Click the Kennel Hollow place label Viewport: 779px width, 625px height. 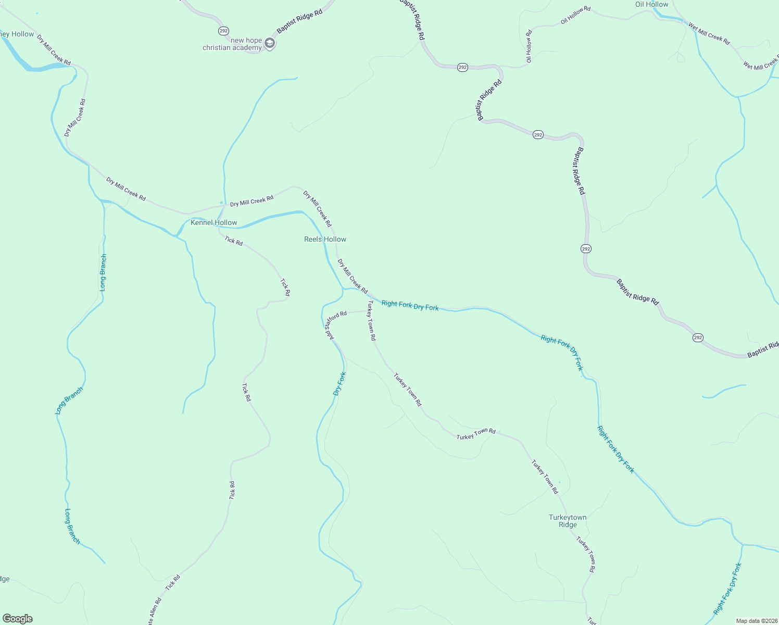[213, 222]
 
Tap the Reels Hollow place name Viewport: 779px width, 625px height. [325, 239]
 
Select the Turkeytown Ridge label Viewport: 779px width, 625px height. [568, 521]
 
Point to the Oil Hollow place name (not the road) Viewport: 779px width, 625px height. [651, 4]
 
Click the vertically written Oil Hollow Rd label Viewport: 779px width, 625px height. [529, 46]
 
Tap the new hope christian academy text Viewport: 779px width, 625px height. [232, 44]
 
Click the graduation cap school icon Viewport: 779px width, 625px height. [270, 43]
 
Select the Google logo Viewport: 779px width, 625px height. [18, 619]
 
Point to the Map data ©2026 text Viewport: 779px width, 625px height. [756, 621]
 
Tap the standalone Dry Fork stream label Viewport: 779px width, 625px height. [340, 384]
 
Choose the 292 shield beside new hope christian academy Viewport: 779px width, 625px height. [223, 31]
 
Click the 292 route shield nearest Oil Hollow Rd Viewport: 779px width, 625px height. [463, 67]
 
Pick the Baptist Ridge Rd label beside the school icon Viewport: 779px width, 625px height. [299, 21]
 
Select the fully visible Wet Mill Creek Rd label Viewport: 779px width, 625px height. [709, 33]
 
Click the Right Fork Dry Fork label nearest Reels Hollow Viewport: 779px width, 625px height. [410, 306]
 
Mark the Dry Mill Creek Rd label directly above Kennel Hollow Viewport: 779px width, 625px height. [252, 201]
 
